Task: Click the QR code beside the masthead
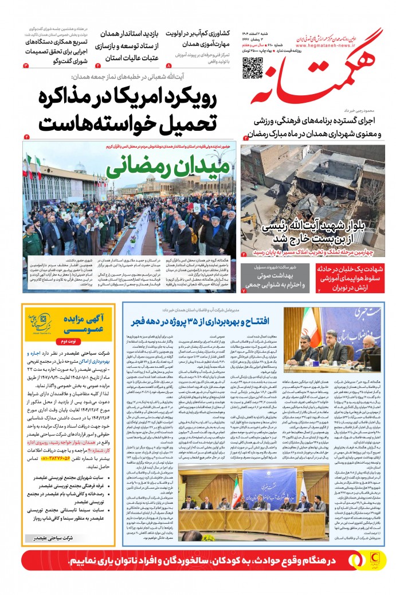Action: point(252,68)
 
